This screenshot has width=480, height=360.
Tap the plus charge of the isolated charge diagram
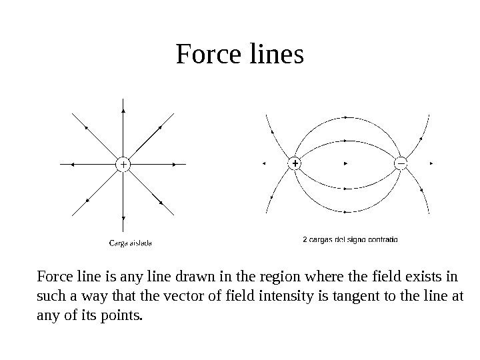tap(123, 163)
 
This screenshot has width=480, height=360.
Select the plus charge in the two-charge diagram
tap(294, 163)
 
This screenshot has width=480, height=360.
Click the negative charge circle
tap(401, 163)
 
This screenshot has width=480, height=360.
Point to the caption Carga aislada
tap(130, 243)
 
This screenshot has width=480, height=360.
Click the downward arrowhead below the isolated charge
tap(123, 217)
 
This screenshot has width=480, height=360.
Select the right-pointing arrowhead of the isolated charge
tap(175, 163)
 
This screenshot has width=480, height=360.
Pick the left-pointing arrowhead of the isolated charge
tap(71, 163)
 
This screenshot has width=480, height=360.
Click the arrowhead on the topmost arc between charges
tap(347, 117)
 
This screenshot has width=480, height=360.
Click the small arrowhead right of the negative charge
tap(433, 163)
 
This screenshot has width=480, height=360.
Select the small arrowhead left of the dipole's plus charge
tap(265, 163)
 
